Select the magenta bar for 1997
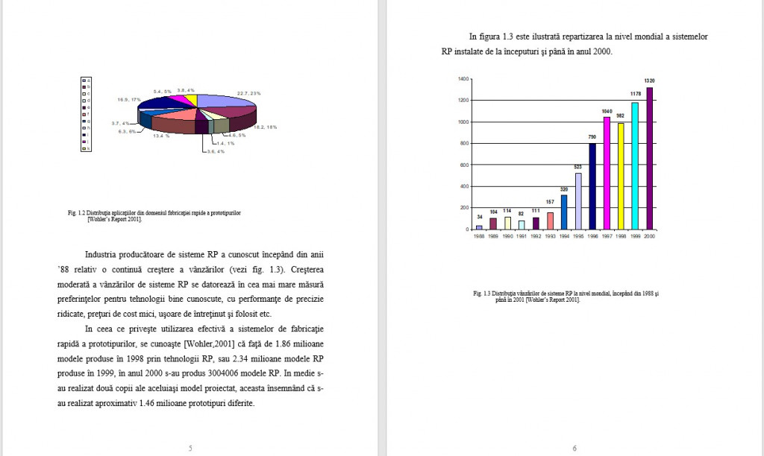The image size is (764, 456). coord(607,173)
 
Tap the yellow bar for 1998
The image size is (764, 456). coord(621,176)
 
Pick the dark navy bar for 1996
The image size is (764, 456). coord(592,186)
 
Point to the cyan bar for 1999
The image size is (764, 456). coord(635,165)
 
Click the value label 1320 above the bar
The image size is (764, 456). coord(649,80)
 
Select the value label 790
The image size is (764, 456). coord(592,137)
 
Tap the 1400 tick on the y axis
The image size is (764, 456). coord(463,78)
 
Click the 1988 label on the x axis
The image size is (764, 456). coord(479,235)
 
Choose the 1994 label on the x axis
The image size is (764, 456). coord(564,235)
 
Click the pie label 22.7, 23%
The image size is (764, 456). coord(248,93)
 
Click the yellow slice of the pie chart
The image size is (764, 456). coord(192,99)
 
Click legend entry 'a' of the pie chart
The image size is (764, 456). coord(87,80)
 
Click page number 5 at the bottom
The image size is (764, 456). coord(190,448)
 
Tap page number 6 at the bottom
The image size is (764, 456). coord(574,448)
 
